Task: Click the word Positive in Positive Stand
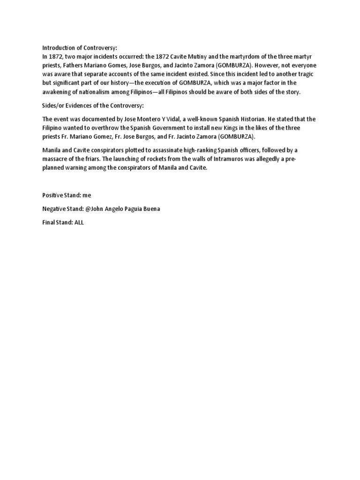click(52, 195)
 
